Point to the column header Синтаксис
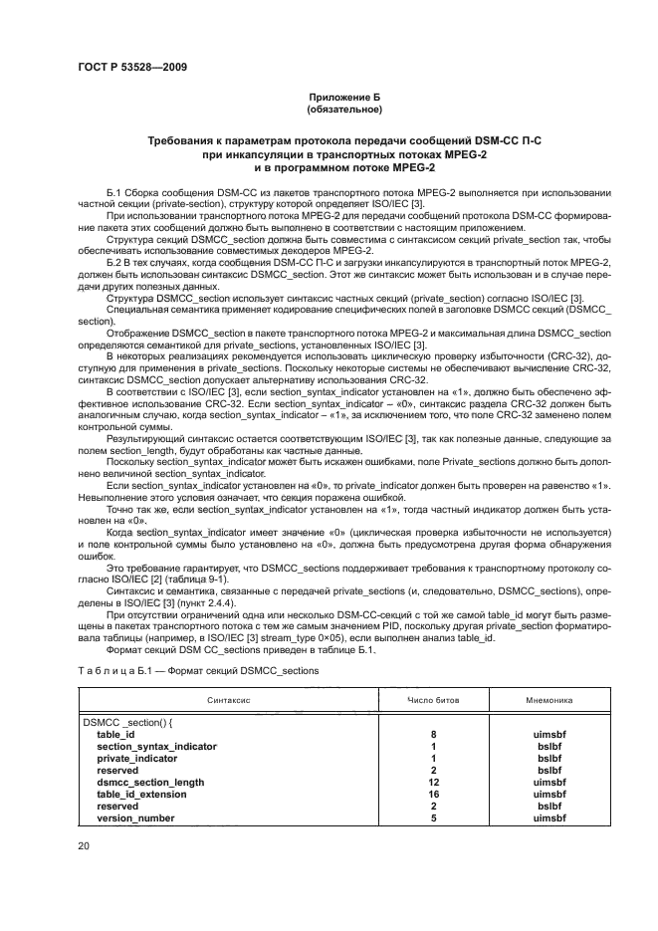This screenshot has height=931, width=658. click(228, 700)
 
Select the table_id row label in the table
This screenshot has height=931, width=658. click(115, 733)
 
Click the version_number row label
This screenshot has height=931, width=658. click(135, 818)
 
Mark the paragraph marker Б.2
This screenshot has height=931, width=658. click(115, 258)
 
